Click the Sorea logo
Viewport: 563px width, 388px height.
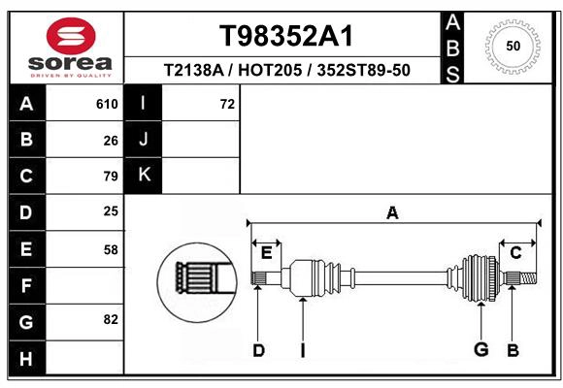[x=69, y=47]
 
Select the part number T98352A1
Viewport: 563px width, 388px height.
[x=285, y=36]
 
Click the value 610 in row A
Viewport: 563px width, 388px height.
[x=107, y=105]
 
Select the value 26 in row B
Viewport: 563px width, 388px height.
[x=111, y=141]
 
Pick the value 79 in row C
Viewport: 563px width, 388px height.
[x=111, y=177]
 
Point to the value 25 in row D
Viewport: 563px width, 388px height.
[x=111, y=212]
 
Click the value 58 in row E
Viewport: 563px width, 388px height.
[x=111, y=249]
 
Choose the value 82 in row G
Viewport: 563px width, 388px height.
[x=111, y=320]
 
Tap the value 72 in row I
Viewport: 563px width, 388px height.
[x=227, y=105]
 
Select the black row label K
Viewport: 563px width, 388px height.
[x=144, y=176]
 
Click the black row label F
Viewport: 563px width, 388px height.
[x=26, y=285]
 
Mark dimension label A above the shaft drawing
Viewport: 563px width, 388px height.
[x=393, y=212]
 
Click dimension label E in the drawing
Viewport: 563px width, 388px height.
[x=266, y=252]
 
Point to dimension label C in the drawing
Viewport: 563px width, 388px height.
[x=516, y=252]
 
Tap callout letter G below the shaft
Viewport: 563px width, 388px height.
[x=480, y=350]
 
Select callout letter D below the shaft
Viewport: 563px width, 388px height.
[x=258, y=350]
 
